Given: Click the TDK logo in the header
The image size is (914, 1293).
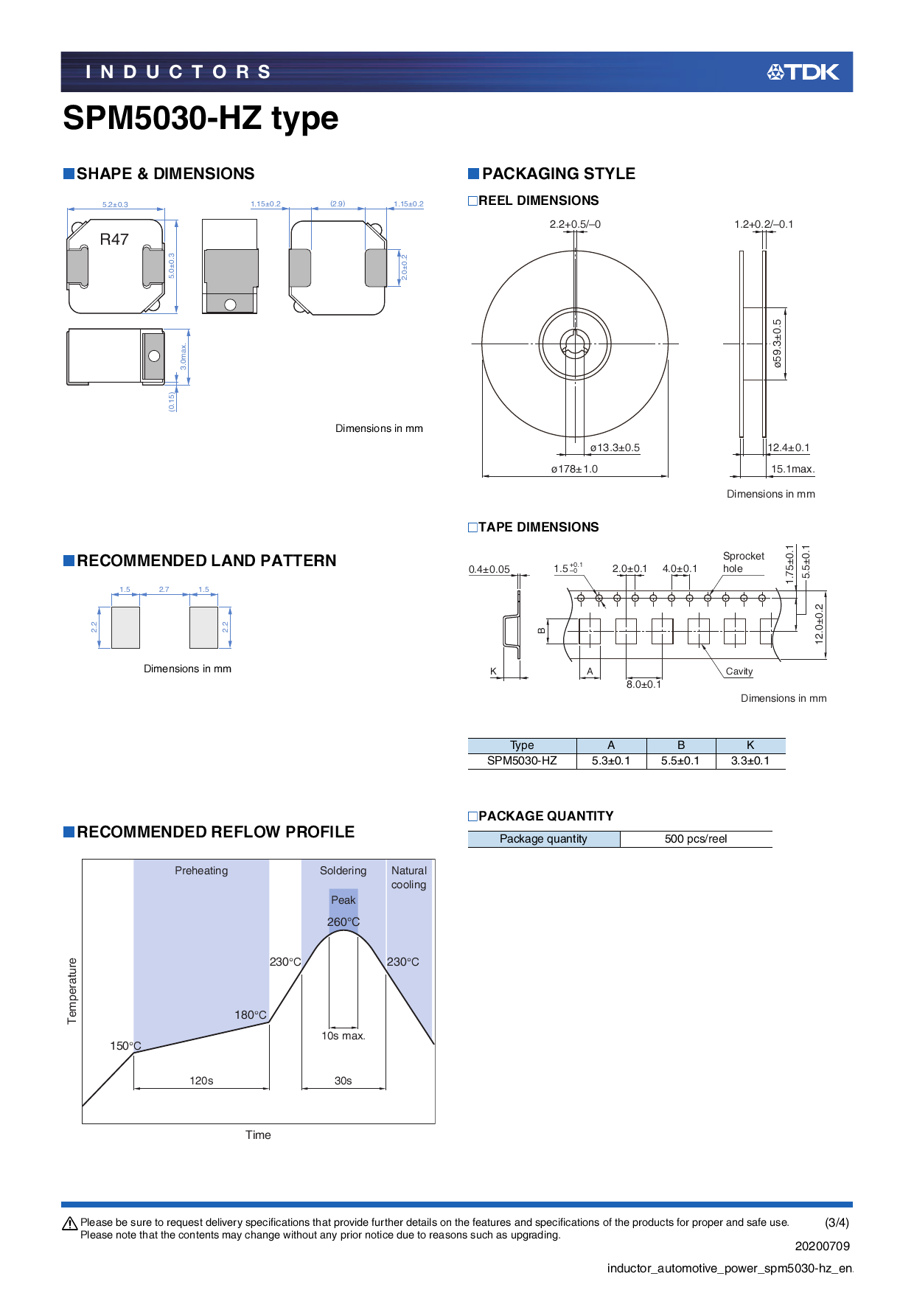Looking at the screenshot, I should click(803, 72).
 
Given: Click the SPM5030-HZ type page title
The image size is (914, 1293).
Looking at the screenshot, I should click(200, 118).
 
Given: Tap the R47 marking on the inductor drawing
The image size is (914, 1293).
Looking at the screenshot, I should click(114, 240).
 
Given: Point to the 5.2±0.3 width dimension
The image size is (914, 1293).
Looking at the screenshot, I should click(115, 204).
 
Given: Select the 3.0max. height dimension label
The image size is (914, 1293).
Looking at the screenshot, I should click(184, 357).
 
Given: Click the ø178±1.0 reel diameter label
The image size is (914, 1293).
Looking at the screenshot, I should click(574, 469).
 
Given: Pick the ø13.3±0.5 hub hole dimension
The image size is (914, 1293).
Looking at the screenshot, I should click(615, 447).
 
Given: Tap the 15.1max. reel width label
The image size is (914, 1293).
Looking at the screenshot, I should click(792, 469).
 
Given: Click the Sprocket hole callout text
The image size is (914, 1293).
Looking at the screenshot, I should click(743, 562).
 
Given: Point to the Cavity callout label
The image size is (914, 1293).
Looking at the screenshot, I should click(739, 672).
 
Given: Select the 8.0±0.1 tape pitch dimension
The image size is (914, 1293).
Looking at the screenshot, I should click(643, 684).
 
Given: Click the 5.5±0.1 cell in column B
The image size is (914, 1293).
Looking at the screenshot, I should click(680, 761).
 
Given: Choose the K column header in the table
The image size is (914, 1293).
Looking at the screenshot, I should click(750, 745).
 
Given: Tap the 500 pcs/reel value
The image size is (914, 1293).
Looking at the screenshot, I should click(695, 839).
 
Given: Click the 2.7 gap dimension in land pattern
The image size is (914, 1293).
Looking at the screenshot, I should click(164, 590).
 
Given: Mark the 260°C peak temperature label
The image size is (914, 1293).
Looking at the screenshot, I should click(343, 922).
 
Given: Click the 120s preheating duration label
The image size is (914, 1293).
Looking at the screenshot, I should click(201, 1081).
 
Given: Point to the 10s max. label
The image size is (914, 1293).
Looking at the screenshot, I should click(343, 1036).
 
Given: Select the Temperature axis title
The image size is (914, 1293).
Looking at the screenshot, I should click(72, 991).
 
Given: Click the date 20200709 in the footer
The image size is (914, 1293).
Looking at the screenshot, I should click(822, 1246).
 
